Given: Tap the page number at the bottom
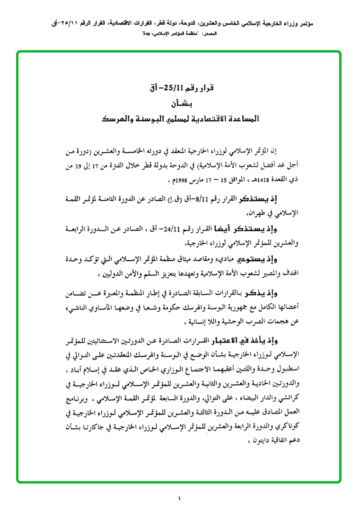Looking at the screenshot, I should pos(180,498).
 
